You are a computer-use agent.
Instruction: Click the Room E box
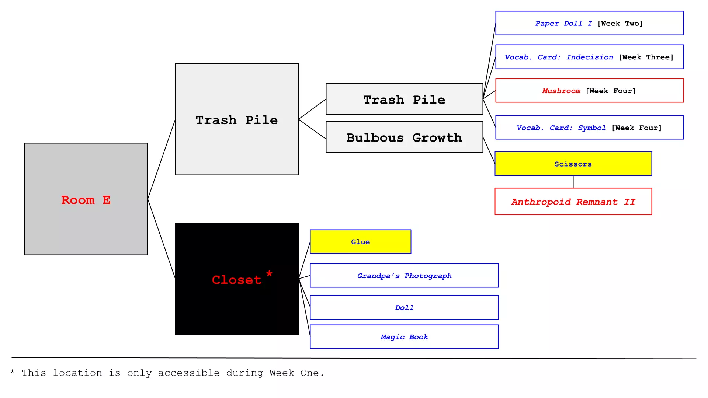click(x=86, y=199)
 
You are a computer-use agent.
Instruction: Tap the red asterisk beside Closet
click(x=269, y=273)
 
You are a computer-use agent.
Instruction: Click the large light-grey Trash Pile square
click(x=237, y=147)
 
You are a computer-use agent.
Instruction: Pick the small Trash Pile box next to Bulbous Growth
click(x=404, y=99)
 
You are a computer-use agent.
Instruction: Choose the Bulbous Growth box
click(x=404, y=137)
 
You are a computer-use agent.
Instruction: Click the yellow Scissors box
click(x=573, y=164)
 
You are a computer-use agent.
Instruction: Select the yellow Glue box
click(x=360, y=242)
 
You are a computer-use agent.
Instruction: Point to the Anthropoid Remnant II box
click(x=573, y=202)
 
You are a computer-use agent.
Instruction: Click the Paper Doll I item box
click(x=589, y=23)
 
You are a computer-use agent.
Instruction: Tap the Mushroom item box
click(x=589, y=91)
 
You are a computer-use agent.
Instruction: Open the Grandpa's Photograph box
click(x=404, y=276)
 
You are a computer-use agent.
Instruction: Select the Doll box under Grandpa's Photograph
click(x=404, y=307)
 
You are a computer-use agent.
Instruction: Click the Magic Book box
click(x=404, y=337)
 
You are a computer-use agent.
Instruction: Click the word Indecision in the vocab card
click(x=590, y=57)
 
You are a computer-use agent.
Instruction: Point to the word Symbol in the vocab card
click(x=591, y=128)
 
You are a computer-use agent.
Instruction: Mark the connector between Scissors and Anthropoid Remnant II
click(x=573, y=182)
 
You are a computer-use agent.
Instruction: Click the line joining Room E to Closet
click(x=162, y=239)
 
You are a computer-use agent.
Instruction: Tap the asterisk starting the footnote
click(x=13, y=372)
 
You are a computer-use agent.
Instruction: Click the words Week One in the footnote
click(x=294, y=373)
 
